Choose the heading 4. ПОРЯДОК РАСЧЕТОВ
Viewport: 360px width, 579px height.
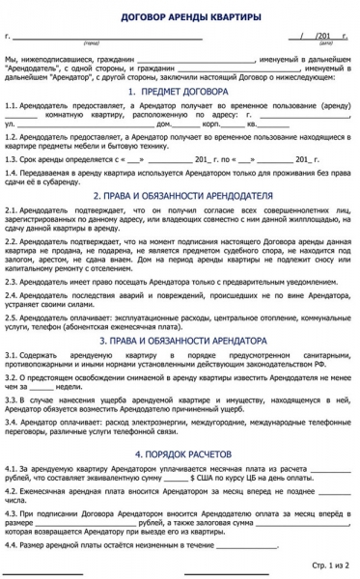point(180,426)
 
